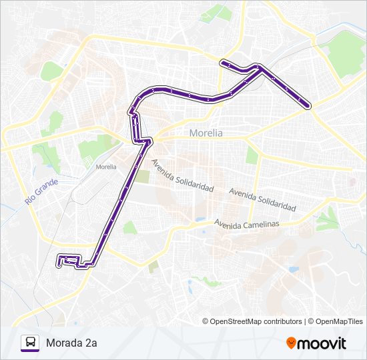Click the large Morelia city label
206,133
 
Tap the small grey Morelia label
105,167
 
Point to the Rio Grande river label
41,191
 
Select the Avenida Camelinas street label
246,223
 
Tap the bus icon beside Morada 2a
29,343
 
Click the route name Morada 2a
72,343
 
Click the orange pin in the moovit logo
291,343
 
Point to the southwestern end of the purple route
59,264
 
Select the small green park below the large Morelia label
252,155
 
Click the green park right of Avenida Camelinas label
328,218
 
